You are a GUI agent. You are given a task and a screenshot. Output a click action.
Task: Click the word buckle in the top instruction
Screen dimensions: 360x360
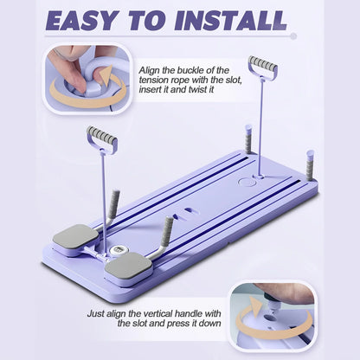pyautogui.click(x=183, y=68)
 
